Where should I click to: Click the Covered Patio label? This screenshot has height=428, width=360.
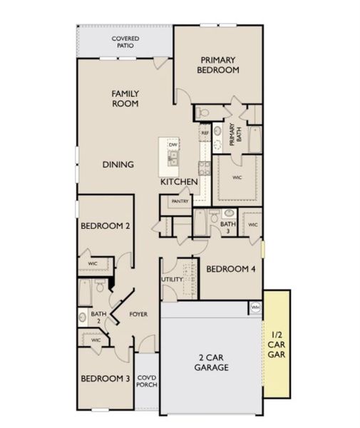(x=125, y=42)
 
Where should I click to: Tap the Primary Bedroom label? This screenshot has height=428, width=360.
(x=218, y=65)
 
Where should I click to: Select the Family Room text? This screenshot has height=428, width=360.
(x=125, y=98)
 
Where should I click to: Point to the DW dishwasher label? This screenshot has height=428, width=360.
(x=173, y=145)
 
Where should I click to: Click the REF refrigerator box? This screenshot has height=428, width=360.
(x=205, y=133)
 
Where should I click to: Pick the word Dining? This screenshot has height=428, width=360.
(x=118, y=165)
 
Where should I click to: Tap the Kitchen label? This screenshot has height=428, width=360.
(x=179, y=182)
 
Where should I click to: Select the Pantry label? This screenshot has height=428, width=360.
(x=180, y=201)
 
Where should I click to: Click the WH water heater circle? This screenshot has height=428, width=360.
(x=255, y=307)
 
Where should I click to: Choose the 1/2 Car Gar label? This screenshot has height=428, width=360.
(x=277, y=345)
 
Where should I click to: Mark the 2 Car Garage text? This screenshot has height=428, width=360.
(x=211, y=362)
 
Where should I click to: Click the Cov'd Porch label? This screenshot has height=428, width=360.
(x=147, y=382)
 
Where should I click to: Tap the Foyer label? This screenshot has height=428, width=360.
(x=138, y=314)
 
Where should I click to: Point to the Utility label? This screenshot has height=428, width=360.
(x=172, y=280)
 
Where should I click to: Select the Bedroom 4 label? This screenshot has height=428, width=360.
(x=231, y=269)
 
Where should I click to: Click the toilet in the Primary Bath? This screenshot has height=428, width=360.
(x=202, y=112)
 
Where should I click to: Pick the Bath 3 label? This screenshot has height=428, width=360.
(x=228, y=228)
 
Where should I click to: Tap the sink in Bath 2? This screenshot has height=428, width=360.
(x=82, y=317)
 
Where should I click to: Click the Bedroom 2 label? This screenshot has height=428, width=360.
(x=106, y=226)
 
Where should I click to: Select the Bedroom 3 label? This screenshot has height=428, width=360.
(x=106, y=379)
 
